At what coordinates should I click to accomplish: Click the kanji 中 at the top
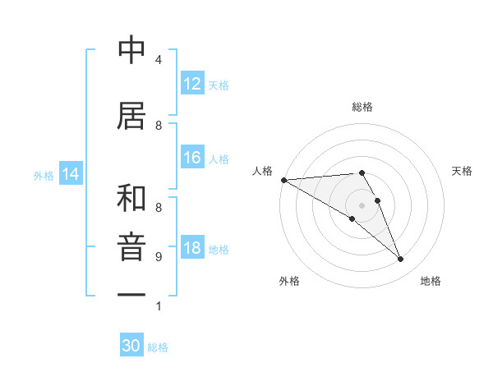point(131,51)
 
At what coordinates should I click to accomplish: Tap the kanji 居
point(131,116)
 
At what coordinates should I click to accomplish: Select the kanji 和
point(131,199)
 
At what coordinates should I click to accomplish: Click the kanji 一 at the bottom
point(131,294)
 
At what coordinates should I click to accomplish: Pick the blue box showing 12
point(192,84)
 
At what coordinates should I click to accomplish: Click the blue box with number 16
point(192,158)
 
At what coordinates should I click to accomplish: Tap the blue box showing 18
point(192,248)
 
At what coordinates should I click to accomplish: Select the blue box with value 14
point(71,174)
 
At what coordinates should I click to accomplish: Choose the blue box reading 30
point(131,346)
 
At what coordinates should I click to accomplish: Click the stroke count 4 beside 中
point(158,60)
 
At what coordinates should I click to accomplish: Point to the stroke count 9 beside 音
point(158,257)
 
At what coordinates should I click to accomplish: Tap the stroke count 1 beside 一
point(158,306)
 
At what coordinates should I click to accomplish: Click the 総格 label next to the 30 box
point(158,347)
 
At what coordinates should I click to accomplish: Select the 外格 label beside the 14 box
point(44,175)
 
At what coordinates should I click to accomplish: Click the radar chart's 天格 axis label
point(462,171)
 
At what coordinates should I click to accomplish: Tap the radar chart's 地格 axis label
point(431,281)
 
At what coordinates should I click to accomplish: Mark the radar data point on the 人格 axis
point(283,179)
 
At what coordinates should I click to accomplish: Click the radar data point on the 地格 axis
point(400,260)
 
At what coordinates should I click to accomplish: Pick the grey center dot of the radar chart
point(362,204)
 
